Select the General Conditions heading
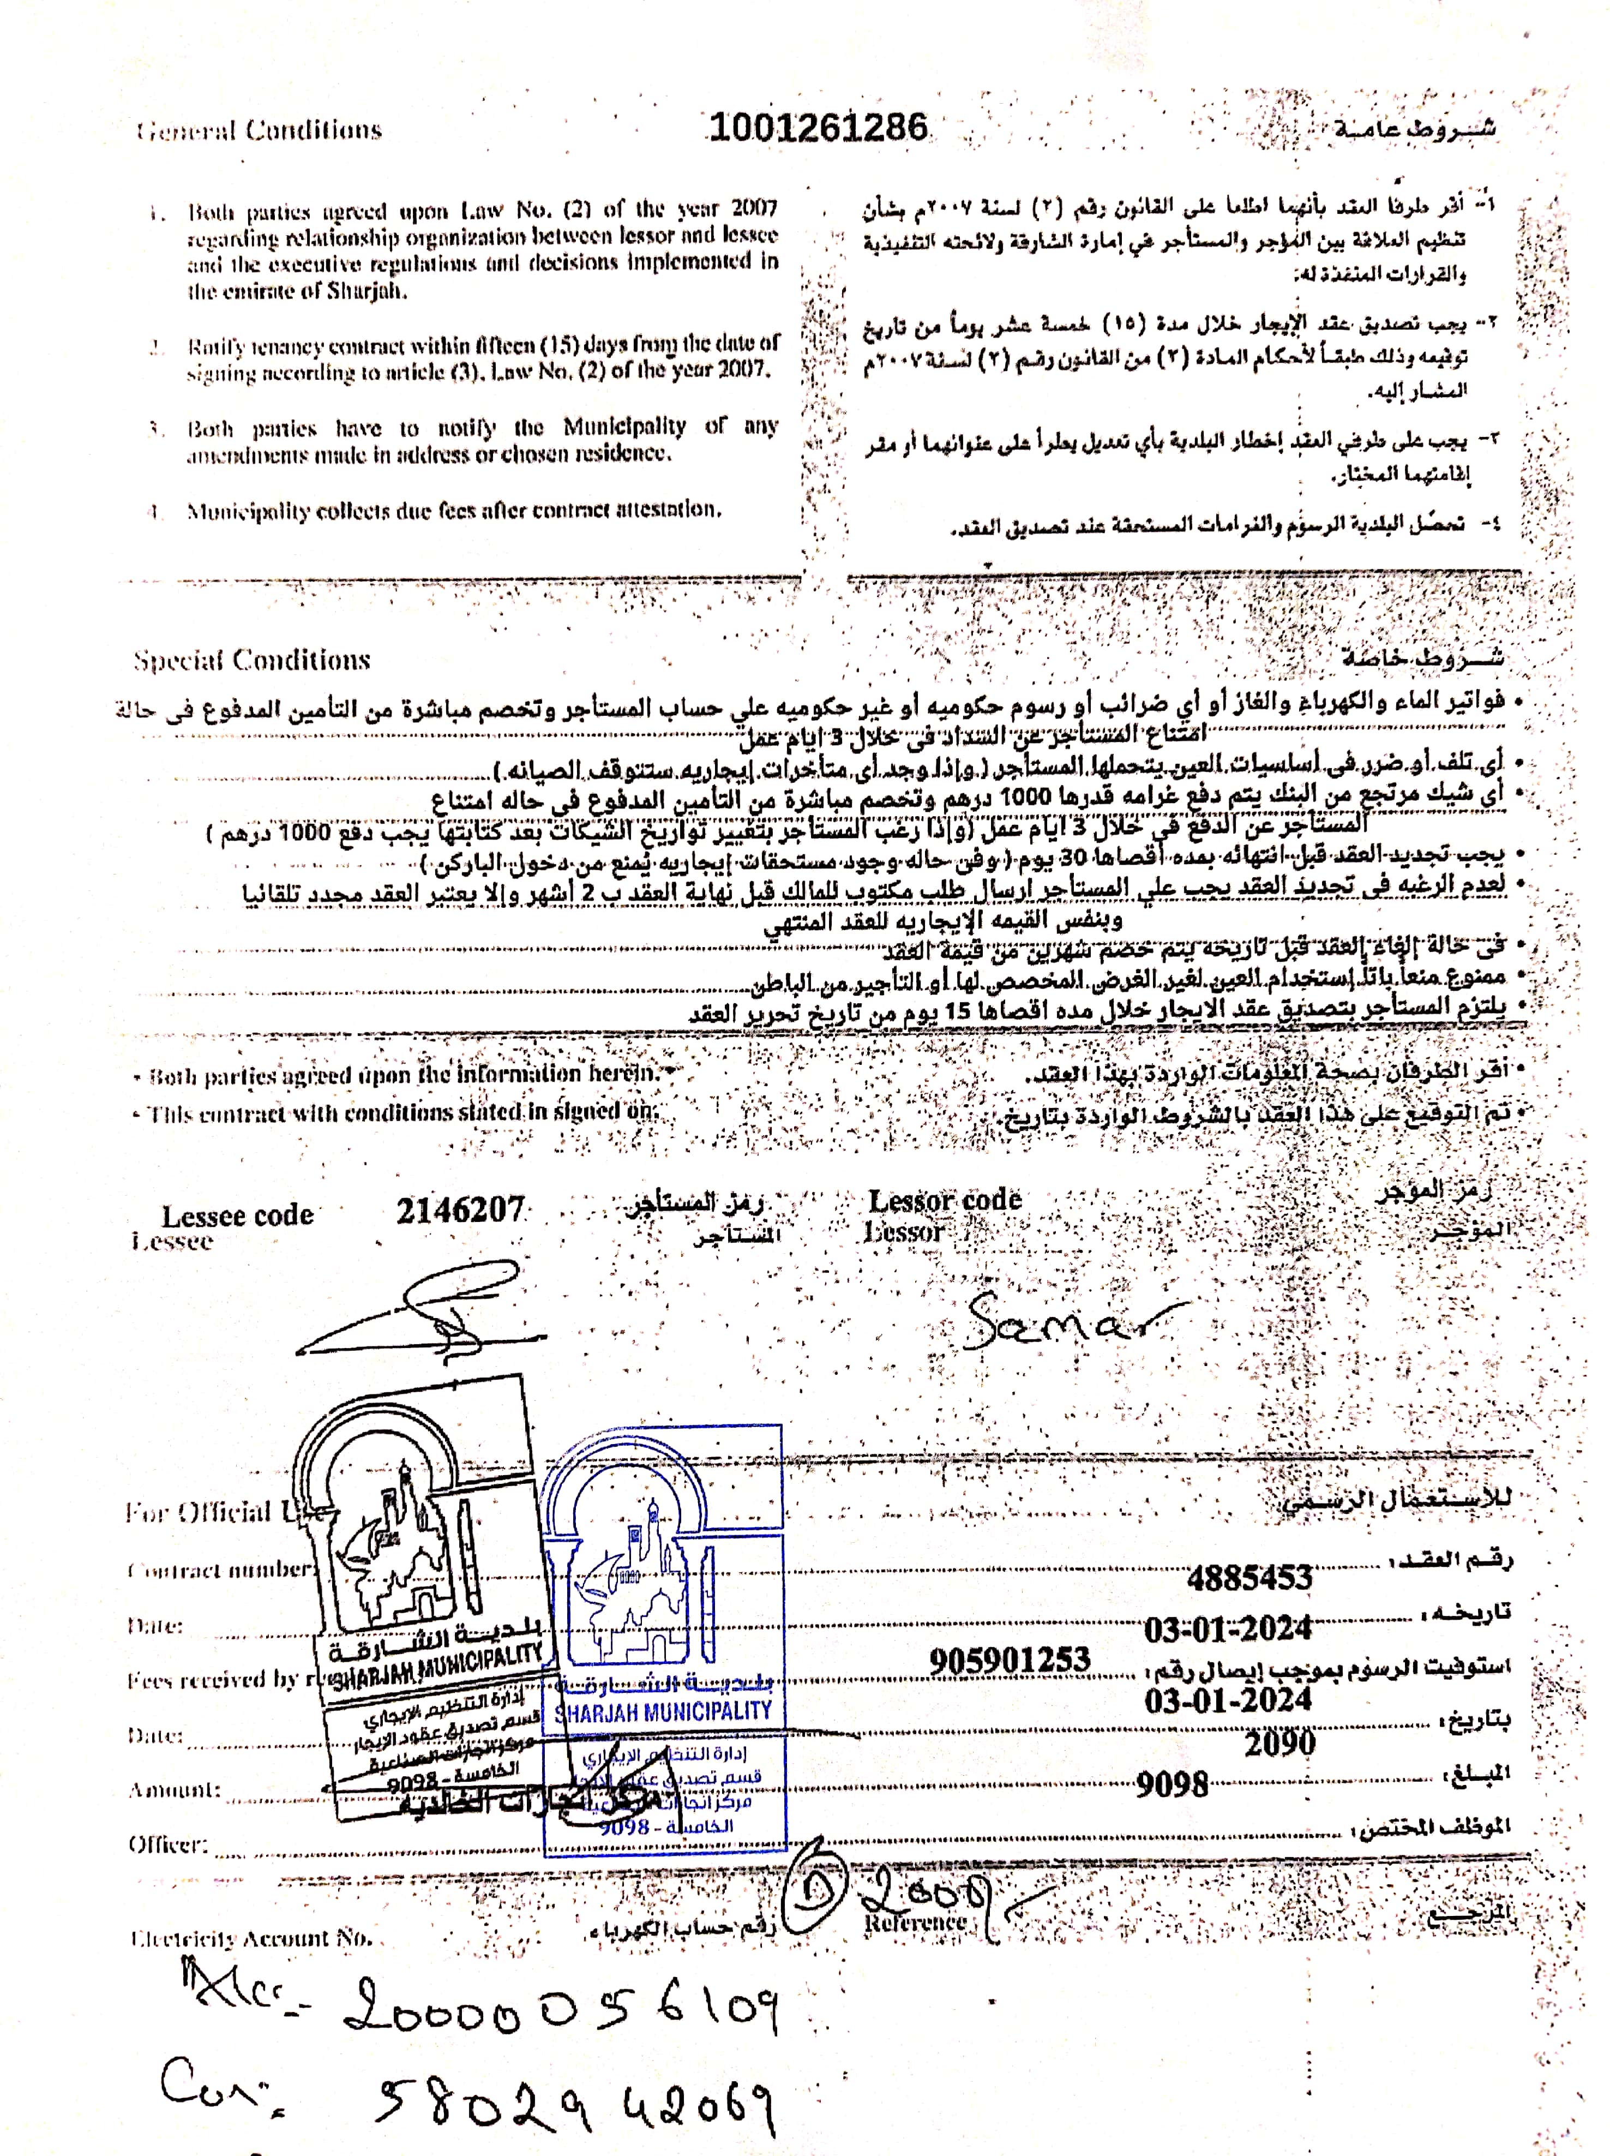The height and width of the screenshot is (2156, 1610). click(x=259, y=130)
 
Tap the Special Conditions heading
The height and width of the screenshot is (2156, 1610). click(x=253, y=660)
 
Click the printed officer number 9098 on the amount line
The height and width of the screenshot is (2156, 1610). click(x=1173, y=1784)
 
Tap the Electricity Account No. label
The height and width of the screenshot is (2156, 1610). click(x=251, y=1938)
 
